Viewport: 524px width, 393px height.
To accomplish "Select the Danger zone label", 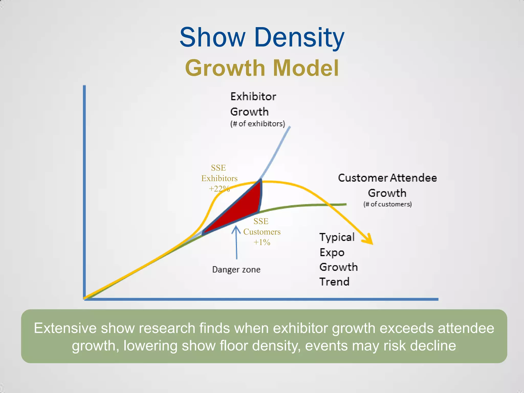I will (x=236, y=269).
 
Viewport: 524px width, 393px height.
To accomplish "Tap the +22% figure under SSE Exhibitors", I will (x=219, y=189).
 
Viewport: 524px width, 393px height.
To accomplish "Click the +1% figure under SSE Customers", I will (x=262, y=242).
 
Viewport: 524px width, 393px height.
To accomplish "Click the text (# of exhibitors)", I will (x=257, y=124).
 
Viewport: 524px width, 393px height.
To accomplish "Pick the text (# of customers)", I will (x=387, y=204).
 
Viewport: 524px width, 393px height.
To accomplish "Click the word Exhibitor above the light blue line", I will (x=253, y=97).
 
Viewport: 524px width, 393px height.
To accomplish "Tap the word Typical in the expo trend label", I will (x=337, y=237).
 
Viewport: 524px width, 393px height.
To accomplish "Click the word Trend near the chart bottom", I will (x=334, y=282).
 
